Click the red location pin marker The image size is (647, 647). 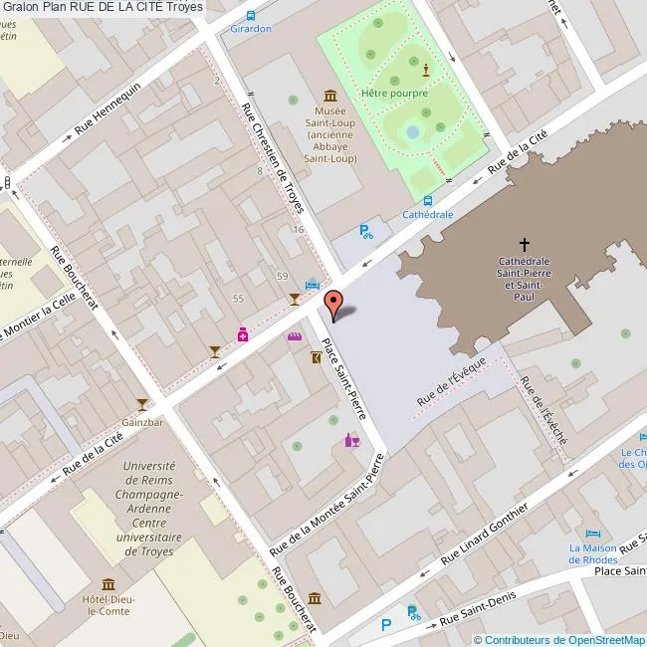[x=334, y=303]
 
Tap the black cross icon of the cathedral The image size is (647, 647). [x=525, y=243]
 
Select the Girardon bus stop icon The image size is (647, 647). [x=250, y=15]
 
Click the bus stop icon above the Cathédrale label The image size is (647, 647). [x=427, y=199]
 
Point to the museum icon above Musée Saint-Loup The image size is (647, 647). [x=329, y=95]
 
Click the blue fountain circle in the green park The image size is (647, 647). [x=413, y=131]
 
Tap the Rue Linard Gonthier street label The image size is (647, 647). [x=485, y=533]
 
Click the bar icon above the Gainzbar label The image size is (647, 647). [x=143, y=403]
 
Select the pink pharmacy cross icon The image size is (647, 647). [x=242, y=335]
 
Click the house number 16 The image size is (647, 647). [x=298, y=230]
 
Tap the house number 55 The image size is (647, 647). [x=237, y=299]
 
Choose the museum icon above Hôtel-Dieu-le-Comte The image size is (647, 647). [x=107, y=583]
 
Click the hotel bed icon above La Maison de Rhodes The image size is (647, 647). [x=593, y=532]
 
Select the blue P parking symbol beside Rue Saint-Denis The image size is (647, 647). [x=386, y=624]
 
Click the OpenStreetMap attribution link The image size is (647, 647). [x=558, y=640]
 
